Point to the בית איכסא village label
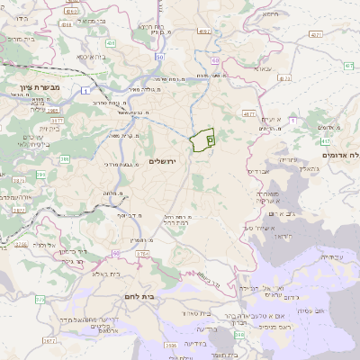coord(94,56)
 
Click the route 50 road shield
coord(158,57)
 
